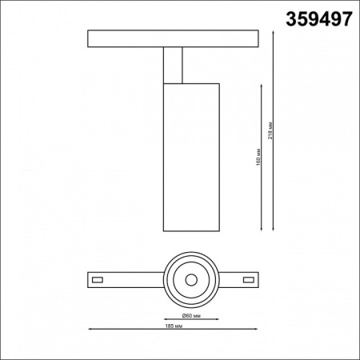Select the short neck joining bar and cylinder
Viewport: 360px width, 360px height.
[x=175, y=64]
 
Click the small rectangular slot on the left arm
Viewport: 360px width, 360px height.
[x=98, y=280]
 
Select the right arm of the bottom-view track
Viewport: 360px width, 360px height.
[x=236, y=280]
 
